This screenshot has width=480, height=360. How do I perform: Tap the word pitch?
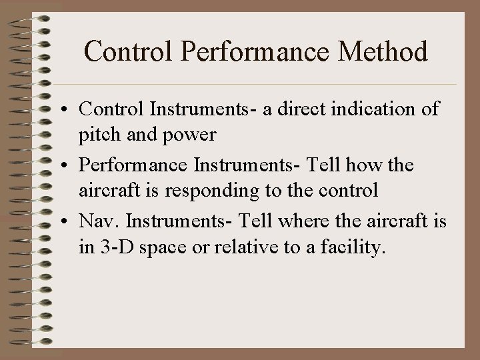pos(97,135)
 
